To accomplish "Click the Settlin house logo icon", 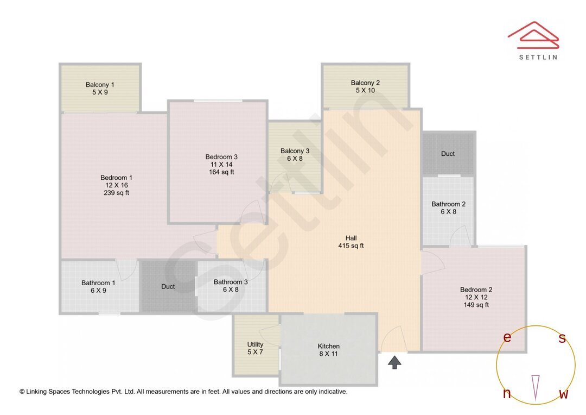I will point(533,34).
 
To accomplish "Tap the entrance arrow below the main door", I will point(394,362).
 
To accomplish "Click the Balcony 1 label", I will point(100,85).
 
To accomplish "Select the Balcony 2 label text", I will point(365,83).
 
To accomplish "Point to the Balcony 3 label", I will point(295,151).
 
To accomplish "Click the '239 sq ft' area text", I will point(116,193).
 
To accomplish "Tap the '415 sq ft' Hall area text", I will point(351,246).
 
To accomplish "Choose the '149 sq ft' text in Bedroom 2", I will point(476,305).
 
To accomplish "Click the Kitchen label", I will point(328,346).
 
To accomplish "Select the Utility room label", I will point(255,344).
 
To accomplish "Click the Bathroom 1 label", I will point(98,283).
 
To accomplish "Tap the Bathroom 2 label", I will point(448,204).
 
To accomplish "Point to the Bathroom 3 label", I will point(231,282).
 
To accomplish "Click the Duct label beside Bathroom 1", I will point(168,286).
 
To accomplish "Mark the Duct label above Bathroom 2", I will point(448,154).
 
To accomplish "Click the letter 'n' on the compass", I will point(507,394).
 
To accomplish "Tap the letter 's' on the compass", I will point(562,338).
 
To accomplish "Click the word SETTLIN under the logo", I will point(538,56).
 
